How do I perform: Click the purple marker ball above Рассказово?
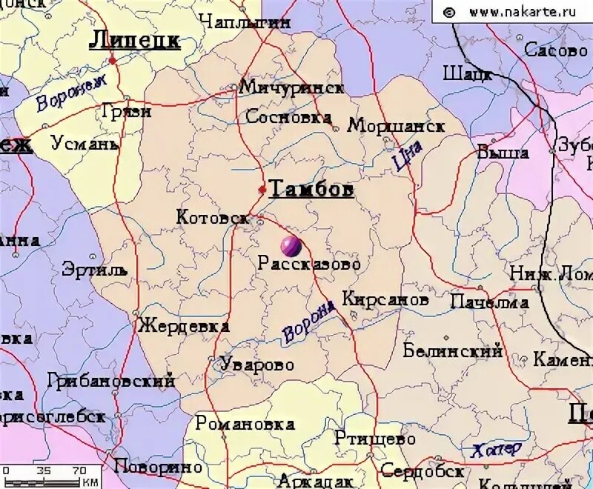(x=290, y=245)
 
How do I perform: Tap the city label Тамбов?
(x=311, y=189)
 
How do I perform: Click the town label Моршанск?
(x=396, y=126)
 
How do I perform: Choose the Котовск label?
(x=212, y=217)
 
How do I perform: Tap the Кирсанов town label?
(x=385, y=300)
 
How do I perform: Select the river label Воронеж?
(x=72, y=92)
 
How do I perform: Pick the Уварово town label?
(x=256, y=365)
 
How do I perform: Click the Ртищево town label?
(x=375, y=438)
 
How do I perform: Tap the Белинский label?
(x=453, y=351)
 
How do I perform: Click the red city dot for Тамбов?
(x=262, y=190)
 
